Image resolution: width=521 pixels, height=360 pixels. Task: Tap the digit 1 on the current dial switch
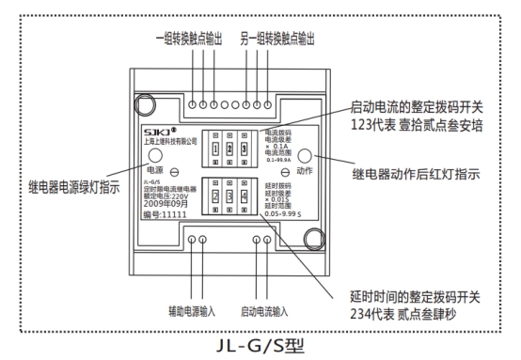pos(215,149)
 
